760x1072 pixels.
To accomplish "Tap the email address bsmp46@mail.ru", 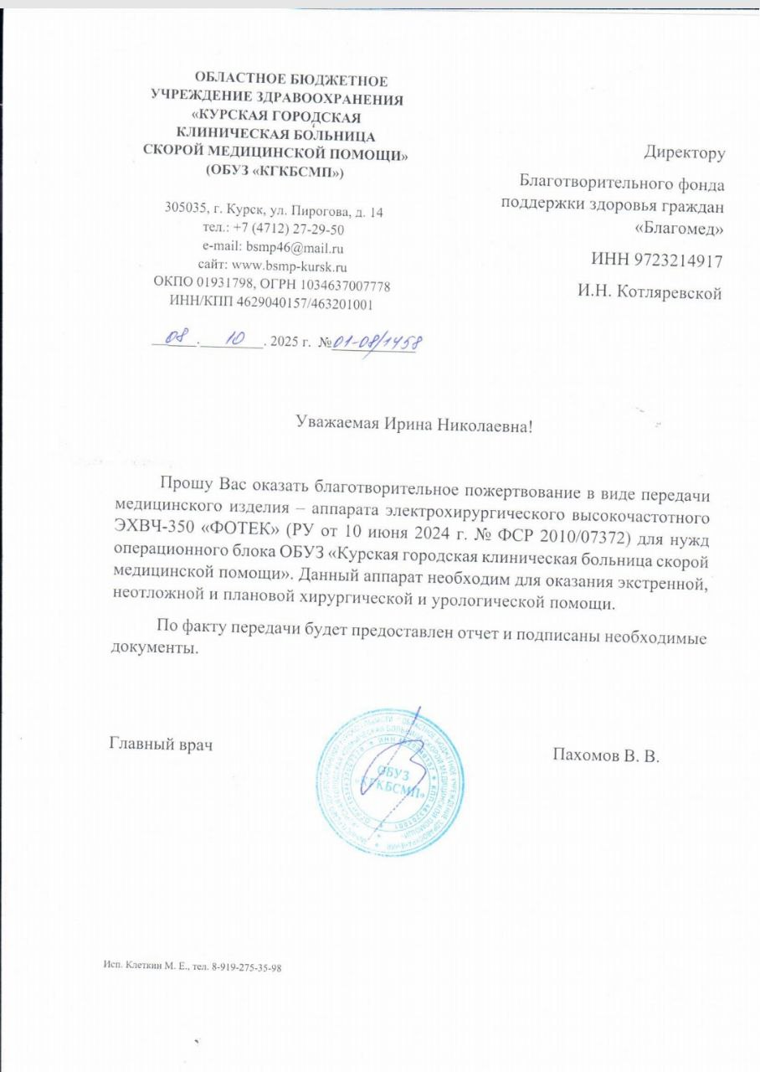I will pos(295,248).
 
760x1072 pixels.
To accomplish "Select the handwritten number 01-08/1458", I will pos(377,342).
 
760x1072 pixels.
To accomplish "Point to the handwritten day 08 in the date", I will pos(173,338).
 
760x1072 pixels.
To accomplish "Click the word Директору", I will pos(684,153).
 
